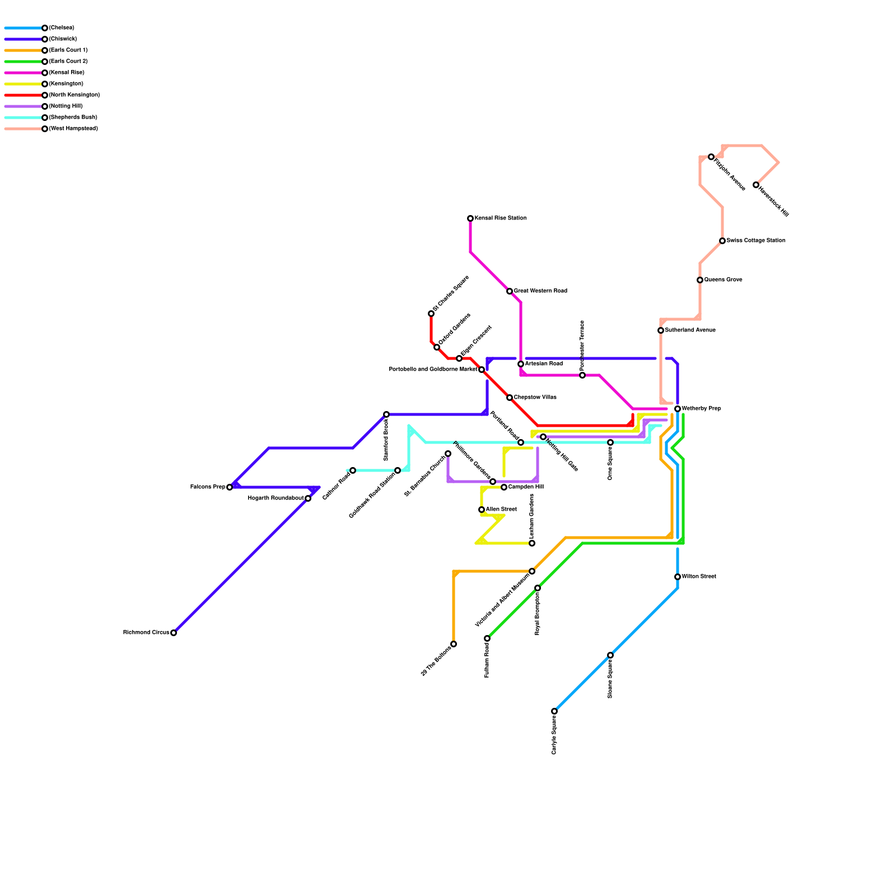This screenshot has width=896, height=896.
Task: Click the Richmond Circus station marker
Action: [174, 633]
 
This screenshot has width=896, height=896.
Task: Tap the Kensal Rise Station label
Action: [500, 218]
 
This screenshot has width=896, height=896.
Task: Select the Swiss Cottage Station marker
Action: [722, 241]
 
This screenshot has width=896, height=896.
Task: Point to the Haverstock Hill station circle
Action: [756, 185]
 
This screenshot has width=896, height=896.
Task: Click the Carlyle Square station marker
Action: [554, 711]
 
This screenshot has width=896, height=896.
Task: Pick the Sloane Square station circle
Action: [610, 655]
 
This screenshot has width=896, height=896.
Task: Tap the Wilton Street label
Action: [698, 577]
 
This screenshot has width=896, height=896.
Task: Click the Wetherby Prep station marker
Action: [678, 409]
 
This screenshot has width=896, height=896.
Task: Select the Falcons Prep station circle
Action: [230, 487]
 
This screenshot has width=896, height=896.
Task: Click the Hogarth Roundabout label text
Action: [276, 498]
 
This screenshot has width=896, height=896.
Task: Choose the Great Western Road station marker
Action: [510, 291]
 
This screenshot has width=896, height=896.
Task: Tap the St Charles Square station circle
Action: [431, 314]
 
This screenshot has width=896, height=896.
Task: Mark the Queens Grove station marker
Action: [700, 280]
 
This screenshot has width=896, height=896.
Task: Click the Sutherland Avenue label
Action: [690, 330]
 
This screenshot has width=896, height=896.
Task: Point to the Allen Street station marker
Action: [482, 510]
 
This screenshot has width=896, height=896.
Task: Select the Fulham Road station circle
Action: [487, 638]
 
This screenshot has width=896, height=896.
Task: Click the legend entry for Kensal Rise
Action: [66, 73]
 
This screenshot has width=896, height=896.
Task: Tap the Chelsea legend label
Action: [61, 28]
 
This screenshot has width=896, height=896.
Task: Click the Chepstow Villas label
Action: [535, 398]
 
